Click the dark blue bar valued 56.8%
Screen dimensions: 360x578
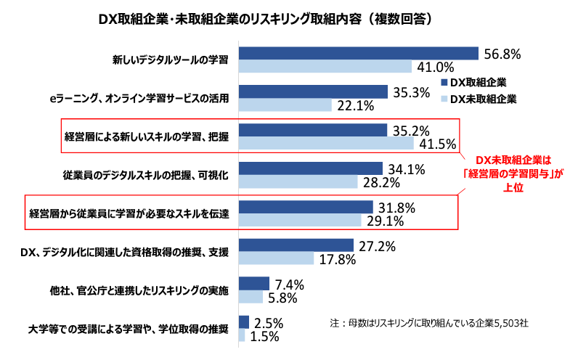pyautogui.click(x=358, y=54)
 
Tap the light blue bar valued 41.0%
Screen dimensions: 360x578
pyautogui.click(x=325, y=67)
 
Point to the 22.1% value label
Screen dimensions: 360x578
pyautogui.click(x=356, y=105)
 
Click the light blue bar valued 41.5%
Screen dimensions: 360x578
pyautogui.click(x=326, y=144)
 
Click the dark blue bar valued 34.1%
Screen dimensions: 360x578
pyautogui.click(x=310, y=168)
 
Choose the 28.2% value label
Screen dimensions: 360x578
pyautogui.click(x=381, y=181)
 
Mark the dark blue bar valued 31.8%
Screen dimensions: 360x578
pyautogui.click(x=305, y=207)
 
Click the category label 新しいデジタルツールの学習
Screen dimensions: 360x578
pyautogui.click(x=170, y=59)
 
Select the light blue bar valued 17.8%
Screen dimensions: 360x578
pyautogui.click(x=275, y=258)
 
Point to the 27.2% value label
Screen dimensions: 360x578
pyautogui.click(x=377, y=246)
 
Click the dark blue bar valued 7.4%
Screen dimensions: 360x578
pyautogui.click(x=253, y=284)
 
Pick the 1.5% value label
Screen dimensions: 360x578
pyautogui.click(x=266, y=335)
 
